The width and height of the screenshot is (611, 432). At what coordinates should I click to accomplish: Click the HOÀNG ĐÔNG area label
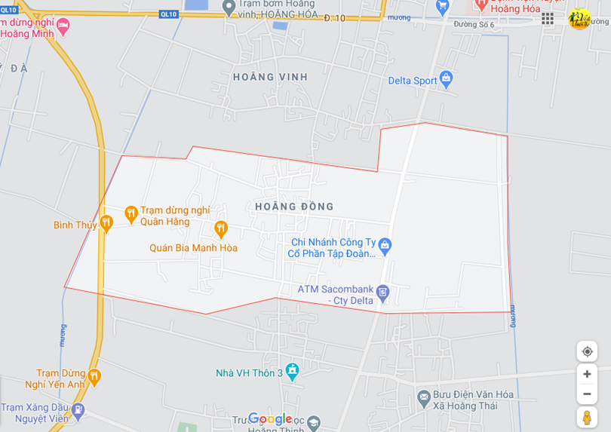pyautogui.click(x=294, y=207)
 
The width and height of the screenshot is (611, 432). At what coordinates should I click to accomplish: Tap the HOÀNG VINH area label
pyautogui.click(x=270, y=77)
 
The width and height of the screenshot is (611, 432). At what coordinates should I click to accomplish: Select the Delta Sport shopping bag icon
pyautogui.click(x=446, y=78)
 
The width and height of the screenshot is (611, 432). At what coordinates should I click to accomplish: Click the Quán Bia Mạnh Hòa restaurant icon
pyautogui.click(x=220, y=228)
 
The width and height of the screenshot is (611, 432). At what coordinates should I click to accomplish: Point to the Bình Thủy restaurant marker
pyautogui.click(x=106, y=222)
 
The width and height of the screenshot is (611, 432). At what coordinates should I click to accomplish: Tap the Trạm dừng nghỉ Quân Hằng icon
pyautogui.click(x=130, y=214)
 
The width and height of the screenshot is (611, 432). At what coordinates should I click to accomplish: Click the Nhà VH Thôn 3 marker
pyautogui.click(x=292, y=371)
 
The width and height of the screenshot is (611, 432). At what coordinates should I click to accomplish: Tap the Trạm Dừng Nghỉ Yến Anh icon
pyautogui.click(x=94, y=376)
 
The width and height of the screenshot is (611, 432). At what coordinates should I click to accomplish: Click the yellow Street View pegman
pyautogui.click(x=587, y=417)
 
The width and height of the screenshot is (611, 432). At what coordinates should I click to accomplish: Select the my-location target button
pyautogui.click(x=587, y=351)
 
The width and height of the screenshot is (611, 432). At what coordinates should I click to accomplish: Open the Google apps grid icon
pyautogui.click(x=548, y=18)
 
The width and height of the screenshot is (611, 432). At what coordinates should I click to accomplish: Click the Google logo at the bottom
pyautogui.click(x=269, y=419)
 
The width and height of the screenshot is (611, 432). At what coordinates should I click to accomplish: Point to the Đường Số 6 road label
pyautogui.click(x=474, y=25)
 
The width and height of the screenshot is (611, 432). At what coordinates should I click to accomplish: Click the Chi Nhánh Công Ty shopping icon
pyautogui.click(x=385, y=245)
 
